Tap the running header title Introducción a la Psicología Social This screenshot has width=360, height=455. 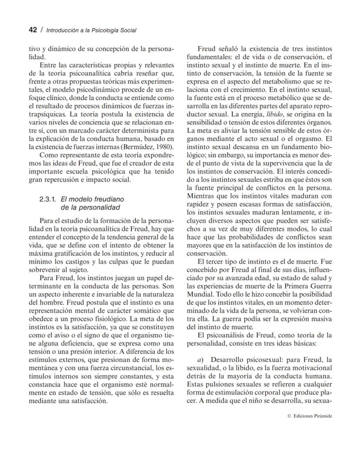pyautogui.click(x=91, y=30)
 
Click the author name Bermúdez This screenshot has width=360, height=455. pyautogui.click(x=138, y=146)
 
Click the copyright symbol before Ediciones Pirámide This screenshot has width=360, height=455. pyautogui.click(x=289, y=416)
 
